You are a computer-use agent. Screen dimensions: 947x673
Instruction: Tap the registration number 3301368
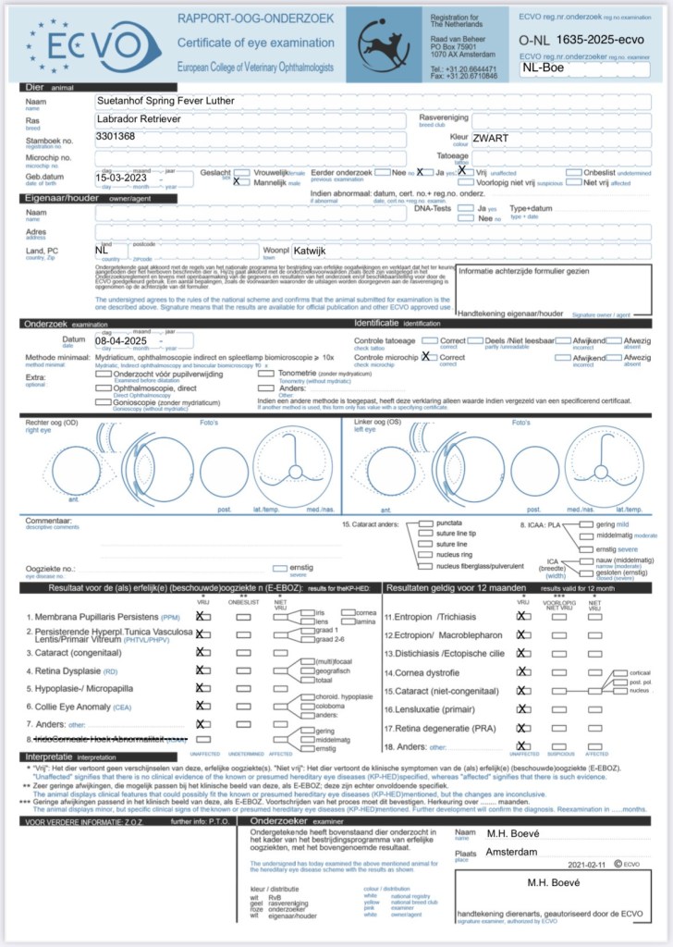[x=116, y=136]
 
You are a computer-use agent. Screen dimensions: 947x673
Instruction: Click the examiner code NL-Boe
[x=543, y=68]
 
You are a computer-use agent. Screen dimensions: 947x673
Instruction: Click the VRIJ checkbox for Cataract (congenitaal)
[x=201, y=651]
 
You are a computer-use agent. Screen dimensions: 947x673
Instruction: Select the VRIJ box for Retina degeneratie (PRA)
[x=522, y=727]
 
